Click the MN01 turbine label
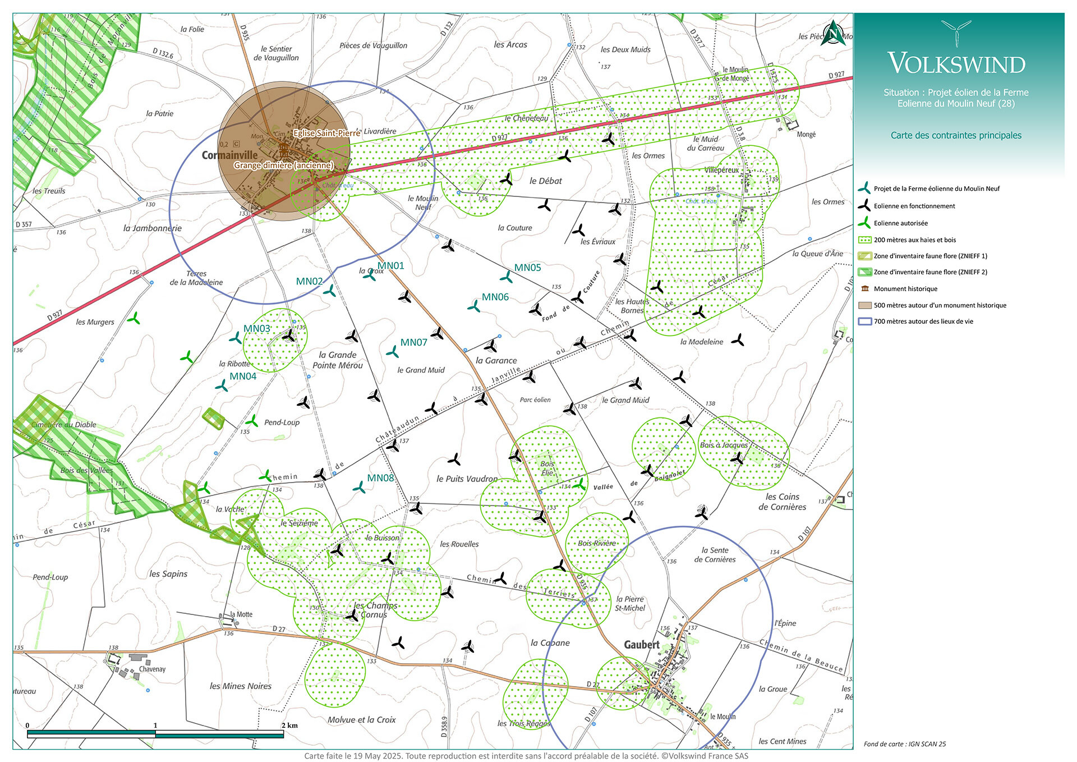coord(390,265)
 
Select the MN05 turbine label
coord(527,268)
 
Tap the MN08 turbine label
coord(380,478)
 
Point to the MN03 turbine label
coord(256,328)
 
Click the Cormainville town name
coord(229,155)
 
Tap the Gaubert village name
coord(642,645)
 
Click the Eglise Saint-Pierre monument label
coord(326,133)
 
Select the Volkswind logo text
coord(956,63)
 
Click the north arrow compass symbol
coord(833,34)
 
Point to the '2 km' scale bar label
coord(289,726)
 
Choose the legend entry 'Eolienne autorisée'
coord(900,223)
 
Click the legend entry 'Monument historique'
coord(905,289)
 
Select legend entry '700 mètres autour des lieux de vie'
coord(923,322)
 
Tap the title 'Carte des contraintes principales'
coord(956,135)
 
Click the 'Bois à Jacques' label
coord(724,445)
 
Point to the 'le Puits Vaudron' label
coord(467,479)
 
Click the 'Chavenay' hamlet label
coord(152,669)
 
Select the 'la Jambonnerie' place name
coord(153,228)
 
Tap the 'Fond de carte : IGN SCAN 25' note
coord(904,744)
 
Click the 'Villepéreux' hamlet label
coord(721,170)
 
